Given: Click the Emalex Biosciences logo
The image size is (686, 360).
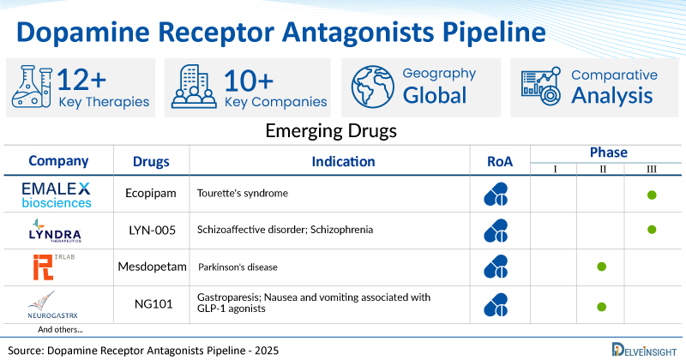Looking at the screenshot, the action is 57,195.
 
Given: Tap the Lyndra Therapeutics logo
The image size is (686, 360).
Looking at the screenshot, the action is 55,230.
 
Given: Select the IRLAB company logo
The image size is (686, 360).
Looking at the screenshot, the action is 53,267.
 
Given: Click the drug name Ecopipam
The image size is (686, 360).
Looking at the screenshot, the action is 151,194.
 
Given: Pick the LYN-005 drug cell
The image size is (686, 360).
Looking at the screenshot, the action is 152,230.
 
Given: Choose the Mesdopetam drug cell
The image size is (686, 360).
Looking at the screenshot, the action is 153,267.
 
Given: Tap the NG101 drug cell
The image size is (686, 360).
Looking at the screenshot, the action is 153,303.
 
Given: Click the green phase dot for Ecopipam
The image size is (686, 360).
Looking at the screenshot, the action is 652,195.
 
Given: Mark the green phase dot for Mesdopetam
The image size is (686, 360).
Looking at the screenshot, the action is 602,267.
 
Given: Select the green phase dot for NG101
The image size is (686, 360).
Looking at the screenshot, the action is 602,307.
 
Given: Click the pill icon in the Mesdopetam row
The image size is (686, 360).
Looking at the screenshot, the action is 496,267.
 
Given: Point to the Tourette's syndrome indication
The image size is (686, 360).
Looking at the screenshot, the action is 243,194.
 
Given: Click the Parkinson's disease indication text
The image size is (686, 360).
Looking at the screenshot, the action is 238,267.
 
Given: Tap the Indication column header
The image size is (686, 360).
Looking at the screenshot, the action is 343,161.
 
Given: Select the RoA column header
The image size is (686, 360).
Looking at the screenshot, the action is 500,161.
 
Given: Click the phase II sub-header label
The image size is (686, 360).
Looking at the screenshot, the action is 603,169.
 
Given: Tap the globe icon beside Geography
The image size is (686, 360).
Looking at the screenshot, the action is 372,87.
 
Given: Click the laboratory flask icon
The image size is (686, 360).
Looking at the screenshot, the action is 32,87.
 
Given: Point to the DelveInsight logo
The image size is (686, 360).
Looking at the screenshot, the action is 644,350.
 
